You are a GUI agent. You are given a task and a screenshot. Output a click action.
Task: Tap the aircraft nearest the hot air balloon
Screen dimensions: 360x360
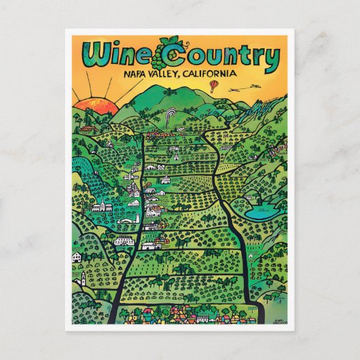point(235,89)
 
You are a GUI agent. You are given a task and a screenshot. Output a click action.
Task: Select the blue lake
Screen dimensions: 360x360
point(262,212)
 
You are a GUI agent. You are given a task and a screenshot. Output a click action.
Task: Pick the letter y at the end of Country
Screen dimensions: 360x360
point(270,60)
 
